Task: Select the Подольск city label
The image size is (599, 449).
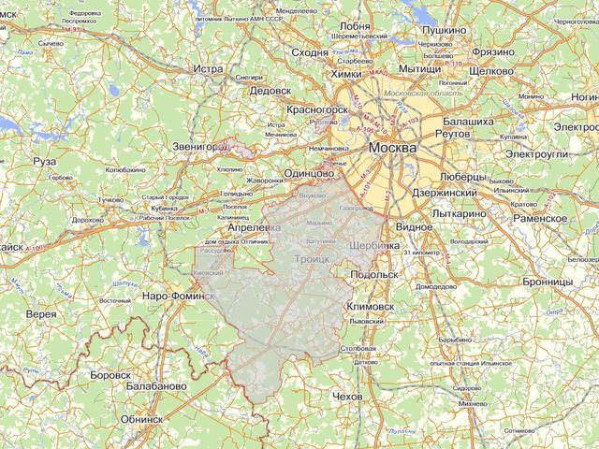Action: click(x=374, y=275)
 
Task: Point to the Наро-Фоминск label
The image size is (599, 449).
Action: click(x=181, y=296)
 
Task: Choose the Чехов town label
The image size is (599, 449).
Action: click(x=346, y=398)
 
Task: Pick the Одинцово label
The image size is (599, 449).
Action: click(x=309, y=174)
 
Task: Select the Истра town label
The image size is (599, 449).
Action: click(x=207, y=69)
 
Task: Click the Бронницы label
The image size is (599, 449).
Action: click(x=548, y=281)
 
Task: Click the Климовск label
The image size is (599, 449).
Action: click(x=372, y=306)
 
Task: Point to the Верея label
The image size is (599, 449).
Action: click(x=41, y=314)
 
